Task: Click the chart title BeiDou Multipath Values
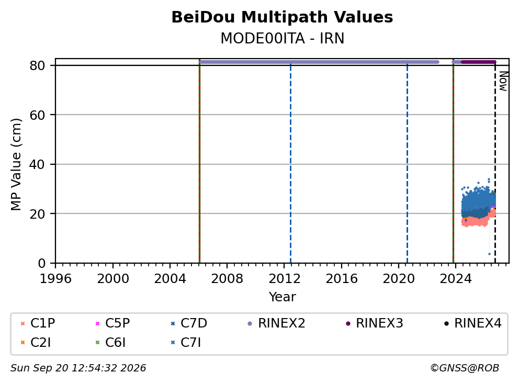point(282,17)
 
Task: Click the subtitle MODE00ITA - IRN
point(283,38)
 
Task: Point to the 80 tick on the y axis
point(37,65)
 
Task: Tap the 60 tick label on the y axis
point(37,115)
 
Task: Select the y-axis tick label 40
point(37,164)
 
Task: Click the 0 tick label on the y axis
point(41,264)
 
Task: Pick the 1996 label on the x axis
point(55,279)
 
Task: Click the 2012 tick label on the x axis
point(284,279)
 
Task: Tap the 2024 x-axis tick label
point(455,279)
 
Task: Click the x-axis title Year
point(282,297)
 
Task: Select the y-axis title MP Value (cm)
point(16,164)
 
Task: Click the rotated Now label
point(503,81)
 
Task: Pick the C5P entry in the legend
point(112,323)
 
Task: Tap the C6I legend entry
point(110,343)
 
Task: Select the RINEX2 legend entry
point(276,323)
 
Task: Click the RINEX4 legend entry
point(473,323)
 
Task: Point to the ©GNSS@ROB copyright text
point(465,368)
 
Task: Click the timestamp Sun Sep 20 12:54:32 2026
point(78,368)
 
